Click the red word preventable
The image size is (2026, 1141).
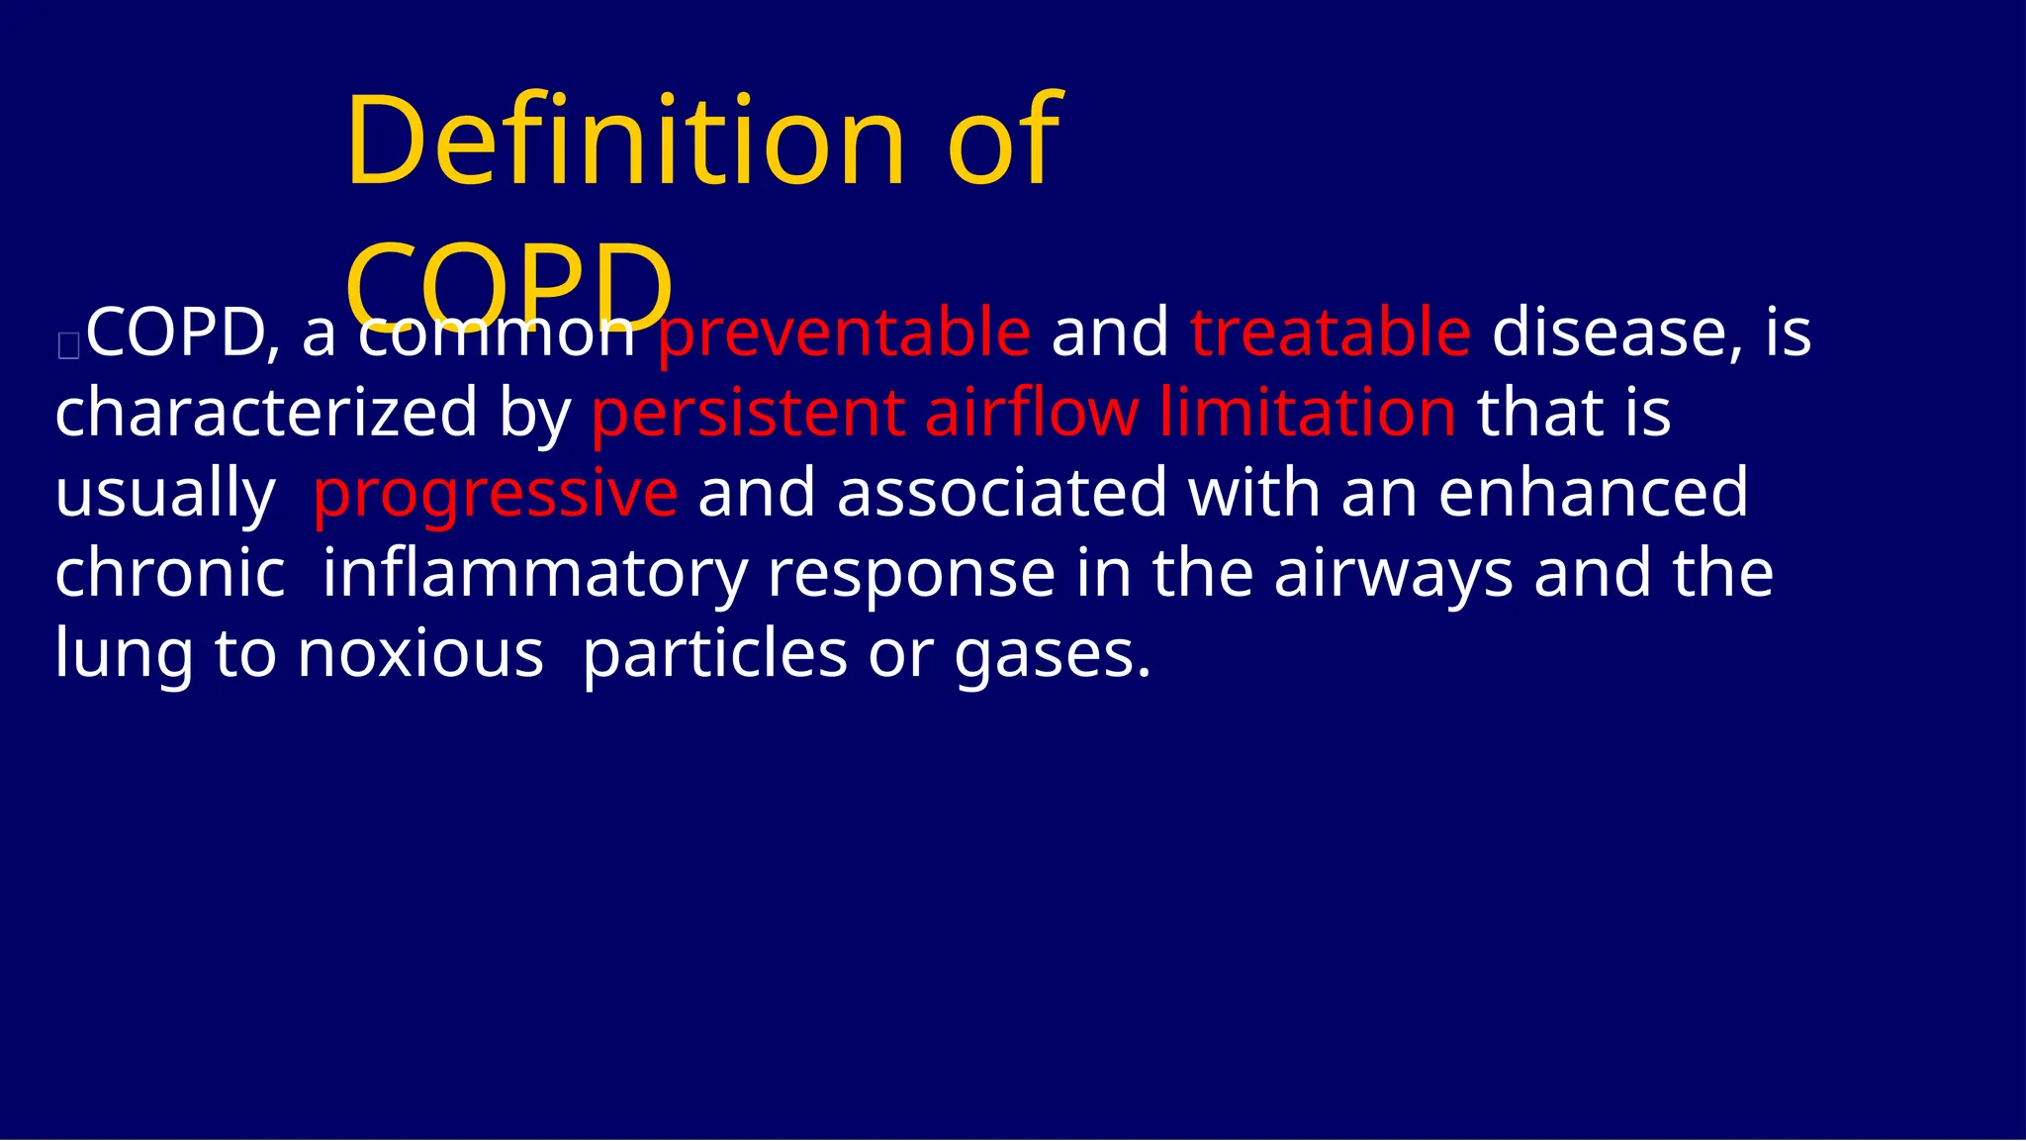coord(844,333)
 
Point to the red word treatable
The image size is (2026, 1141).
coord(1331,333)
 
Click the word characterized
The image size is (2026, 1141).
coord(266,413)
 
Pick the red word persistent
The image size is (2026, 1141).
coord(748,413)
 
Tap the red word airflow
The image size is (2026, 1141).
coord(1031,413)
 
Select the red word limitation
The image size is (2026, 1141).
coord(1307,413)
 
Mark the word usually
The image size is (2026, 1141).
coord(165,494)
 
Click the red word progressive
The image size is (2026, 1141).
coord(495,494)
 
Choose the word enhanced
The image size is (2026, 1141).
coord(1593,493)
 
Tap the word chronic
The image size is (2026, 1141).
coord(170,574)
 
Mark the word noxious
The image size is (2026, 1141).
coord(420,654)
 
